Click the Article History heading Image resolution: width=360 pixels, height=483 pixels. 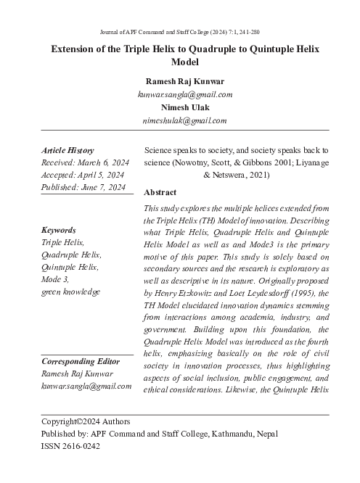(x=67, y=150)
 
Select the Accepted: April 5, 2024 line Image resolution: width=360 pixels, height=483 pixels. (x=83, y=176)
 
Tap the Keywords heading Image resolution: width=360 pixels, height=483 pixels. (x=59, y=230)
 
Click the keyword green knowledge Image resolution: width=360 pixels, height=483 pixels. (x=71, y=292)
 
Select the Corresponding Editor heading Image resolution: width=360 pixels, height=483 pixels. (x=81, y=361)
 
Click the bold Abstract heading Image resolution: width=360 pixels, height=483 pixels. (x=160, y=193)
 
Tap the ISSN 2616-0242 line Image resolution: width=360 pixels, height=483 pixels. (x=70, y=446)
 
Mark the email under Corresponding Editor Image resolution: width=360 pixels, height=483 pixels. (x=86, y=387)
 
